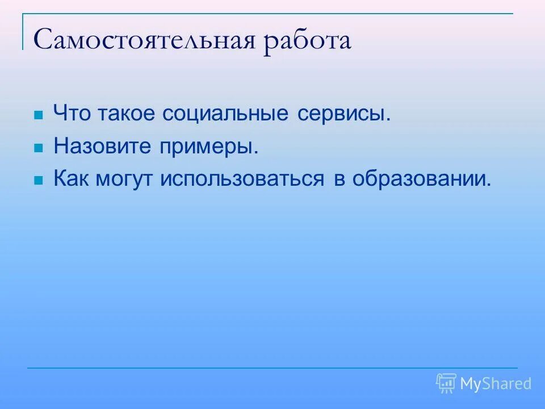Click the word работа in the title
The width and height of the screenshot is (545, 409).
point(307,42)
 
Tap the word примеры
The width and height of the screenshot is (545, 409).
point(207,148)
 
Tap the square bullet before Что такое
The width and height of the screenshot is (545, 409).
point(39,115)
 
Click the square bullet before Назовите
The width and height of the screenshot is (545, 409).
point(39,148)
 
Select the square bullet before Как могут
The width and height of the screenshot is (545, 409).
point(39,181)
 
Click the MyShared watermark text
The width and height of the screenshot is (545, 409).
point(496,384)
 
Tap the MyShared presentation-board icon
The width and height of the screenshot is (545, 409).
point(446,383)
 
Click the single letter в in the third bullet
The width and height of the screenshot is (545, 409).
point(339,181)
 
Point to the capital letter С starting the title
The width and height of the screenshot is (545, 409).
point(44,41)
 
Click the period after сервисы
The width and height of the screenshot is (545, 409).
point(389,120)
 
